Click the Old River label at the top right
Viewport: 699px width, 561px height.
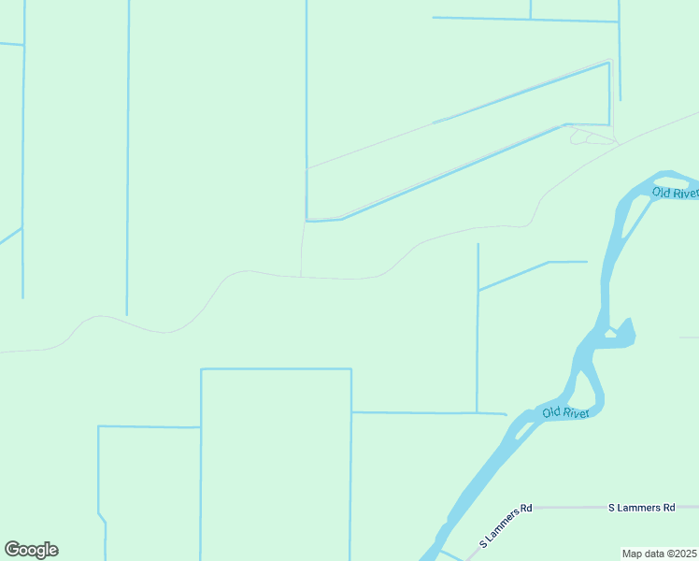click(x=675, y=193)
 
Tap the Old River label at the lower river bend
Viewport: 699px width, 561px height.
click(x=565, y=412)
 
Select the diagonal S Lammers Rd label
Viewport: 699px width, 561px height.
click(x=505, y=527)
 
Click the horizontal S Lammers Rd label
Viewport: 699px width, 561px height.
click(x=641, y=508)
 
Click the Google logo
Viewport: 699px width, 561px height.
click(x=31, y=550)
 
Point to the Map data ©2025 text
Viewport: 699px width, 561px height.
click(x=659, y=553)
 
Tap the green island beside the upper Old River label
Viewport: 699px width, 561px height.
click(x=635, y=214)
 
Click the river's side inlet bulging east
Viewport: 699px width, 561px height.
click(x=623, y=334)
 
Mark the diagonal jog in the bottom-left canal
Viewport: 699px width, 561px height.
click(x=102, y=517)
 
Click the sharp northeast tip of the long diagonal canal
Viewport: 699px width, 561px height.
click(x=609, y=64)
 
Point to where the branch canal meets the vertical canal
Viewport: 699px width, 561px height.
click(x=478, y=290)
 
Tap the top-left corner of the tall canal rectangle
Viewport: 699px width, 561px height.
click(x=202, y=369)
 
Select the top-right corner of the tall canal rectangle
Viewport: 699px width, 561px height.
click(x=351, y=369)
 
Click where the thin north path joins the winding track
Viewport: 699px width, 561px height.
click(x=301, y=276)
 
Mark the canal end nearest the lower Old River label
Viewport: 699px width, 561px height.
click(x=506, y=413)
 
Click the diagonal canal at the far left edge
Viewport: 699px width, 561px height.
click(x=9, y=236)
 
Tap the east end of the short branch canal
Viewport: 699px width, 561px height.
click(x=587, y=262)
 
